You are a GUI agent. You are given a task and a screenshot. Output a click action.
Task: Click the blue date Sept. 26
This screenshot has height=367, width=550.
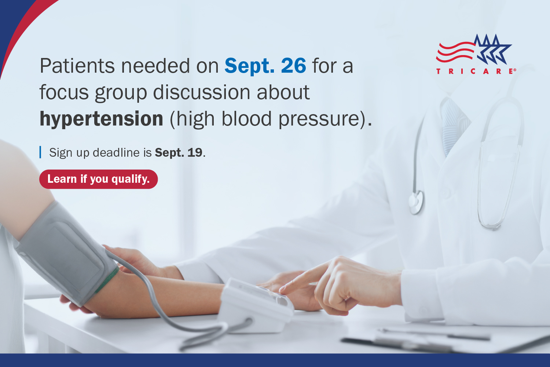pos(265,66)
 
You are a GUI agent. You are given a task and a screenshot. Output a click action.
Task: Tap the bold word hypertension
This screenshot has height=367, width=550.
pos(101,119)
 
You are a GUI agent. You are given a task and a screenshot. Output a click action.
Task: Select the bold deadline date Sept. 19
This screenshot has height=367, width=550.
pos(179,153)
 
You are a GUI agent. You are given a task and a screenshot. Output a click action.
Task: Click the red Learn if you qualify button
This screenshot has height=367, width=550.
pos(98,179)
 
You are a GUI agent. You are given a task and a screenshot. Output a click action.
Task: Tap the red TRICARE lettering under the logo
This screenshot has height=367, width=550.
pos(476,71)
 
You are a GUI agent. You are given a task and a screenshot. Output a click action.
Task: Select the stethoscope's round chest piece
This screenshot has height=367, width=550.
pos(416,202)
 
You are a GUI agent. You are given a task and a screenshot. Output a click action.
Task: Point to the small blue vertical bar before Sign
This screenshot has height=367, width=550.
pos(40,152)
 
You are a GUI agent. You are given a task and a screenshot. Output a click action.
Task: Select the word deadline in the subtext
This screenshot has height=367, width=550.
pos(116,153)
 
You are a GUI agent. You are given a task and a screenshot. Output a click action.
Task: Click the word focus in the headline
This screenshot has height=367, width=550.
pos(64,92)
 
